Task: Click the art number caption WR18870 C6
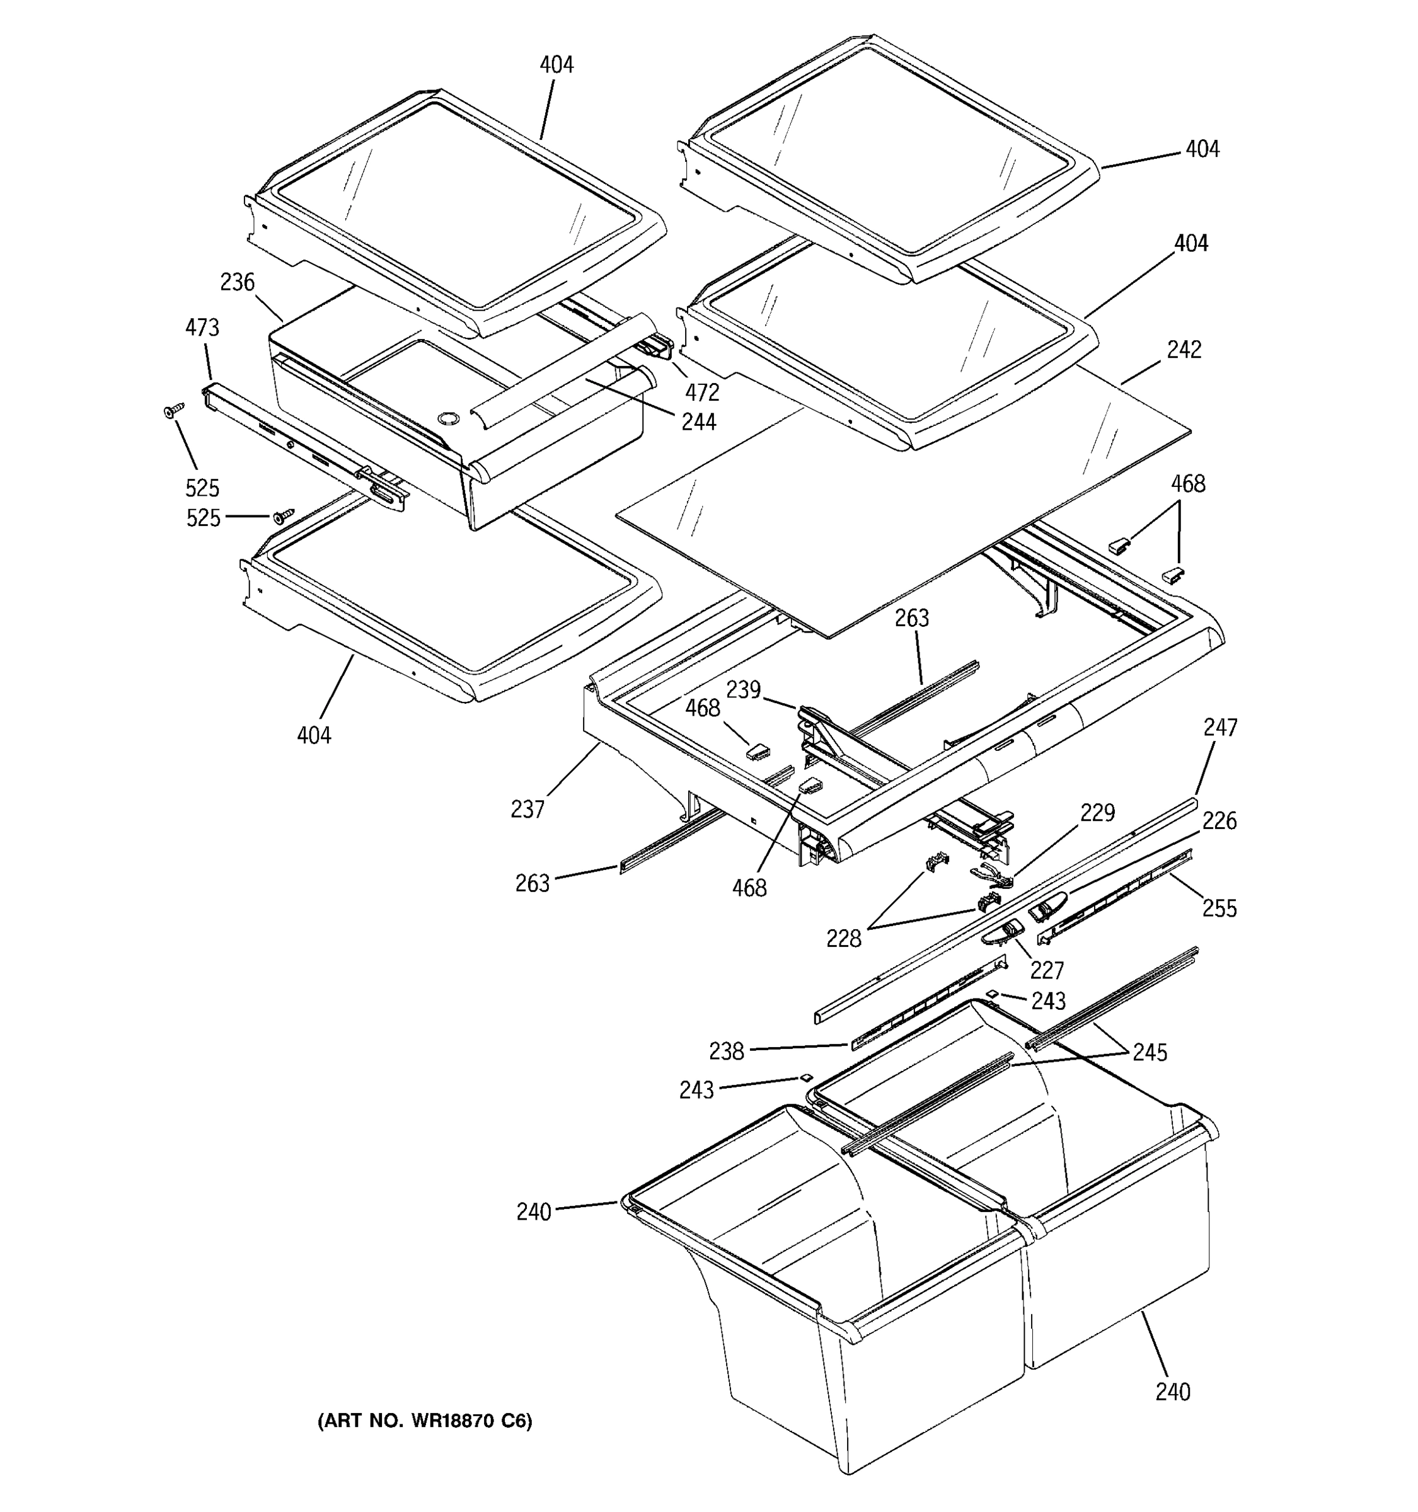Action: click(425, 1420)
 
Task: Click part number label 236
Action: click(238, 283)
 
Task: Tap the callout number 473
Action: click(202, 328)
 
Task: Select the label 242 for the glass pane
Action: click(1184, 350)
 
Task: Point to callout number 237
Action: click(528, 810)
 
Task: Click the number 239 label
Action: click(743, 690)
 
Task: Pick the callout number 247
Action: click(1220, 727)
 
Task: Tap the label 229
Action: click(1098, 813)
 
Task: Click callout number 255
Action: click(1219, 908)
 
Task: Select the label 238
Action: click(727, 1051)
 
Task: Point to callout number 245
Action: click(1150, 1052)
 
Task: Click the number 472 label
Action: click(701, 392)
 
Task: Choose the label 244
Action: click(698, 421)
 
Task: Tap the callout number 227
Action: click(1047, 970)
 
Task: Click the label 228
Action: click(844, 939)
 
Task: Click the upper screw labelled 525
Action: click(174, 410)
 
